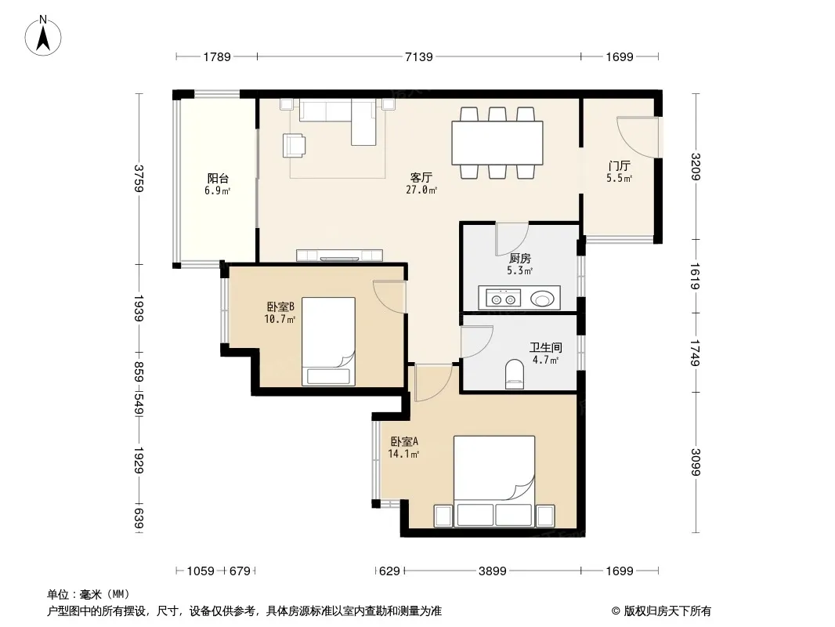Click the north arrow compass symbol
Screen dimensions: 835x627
[43, 36]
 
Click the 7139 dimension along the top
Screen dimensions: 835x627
[418, 56]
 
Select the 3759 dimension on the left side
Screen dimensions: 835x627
[139, 179]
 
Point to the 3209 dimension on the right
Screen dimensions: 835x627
[696, 167]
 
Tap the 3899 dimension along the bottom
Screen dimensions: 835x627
[492, 571]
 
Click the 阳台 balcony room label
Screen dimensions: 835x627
[218, 178]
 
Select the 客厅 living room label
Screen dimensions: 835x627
[421, 177]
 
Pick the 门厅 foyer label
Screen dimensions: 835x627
[620, 165]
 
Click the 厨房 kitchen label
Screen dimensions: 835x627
[520, 259]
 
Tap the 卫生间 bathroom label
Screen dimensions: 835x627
[545, 347]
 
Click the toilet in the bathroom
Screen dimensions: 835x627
[514, 374]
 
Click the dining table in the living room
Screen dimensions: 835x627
[497, 143]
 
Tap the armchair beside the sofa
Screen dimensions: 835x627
[295, 146]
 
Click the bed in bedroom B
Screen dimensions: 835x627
[328, 342]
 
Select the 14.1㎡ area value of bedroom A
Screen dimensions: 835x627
[403, 454]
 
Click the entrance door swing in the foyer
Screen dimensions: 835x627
[638, 137]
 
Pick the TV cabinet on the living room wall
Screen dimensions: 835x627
[339, 256]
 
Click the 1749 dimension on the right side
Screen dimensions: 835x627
[696, 353]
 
